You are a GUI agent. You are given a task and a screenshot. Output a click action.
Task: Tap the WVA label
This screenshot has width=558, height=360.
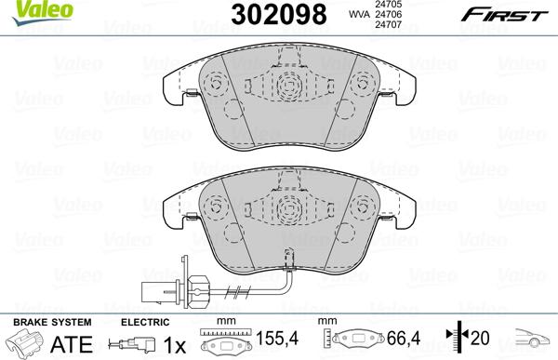(357, 15)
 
